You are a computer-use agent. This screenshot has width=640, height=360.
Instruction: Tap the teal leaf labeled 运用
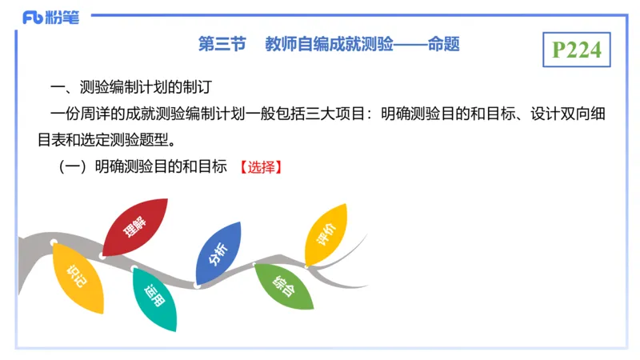click(x=154, y=299)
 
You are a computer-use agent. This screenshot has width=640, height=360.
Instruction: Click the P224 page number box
click(x=576, y=50)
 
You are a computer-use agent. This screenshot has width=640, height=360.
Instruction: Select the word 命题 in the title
click(x=443, y=44)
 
